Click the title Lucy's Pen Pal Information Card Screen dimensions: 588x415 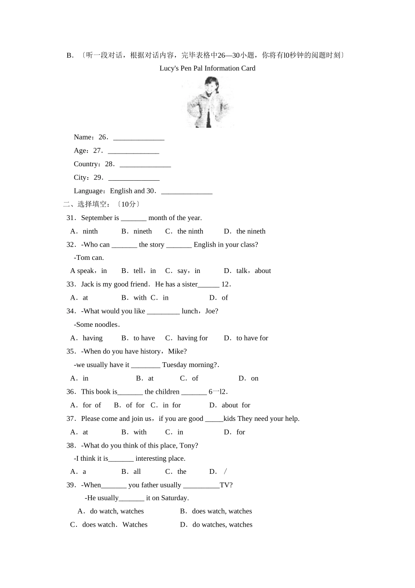coord(207,68)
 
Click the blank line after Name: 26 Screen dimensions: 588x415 coord(138,138)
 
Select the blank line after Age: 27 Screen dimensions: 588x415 coord(133,151)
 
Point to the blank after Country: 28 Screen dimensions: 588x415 coord(145,165)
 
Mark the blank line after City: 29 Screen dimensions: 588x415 coord(134,178)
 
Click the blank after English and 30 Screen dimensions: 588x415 coord(187,192)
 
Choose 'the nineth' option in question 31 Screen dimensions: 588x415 coord(250,231)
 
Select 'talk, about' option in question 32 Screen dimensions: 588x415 coord(253,271)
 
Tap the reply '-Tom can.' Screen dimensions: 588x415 coord(89,258)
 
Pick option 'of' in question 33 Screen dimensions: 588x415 coord(225,297)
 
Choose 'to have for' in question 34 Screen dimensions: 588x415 coord(252,338)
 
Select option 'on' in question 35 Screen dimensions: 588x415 coord(255,378)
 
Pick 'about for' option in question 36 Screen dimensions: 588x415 coord(235,405)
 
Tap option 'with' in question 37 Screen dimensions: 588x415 coord(140,432)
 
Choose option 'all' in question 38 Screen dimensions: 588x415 coord(137,472)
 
